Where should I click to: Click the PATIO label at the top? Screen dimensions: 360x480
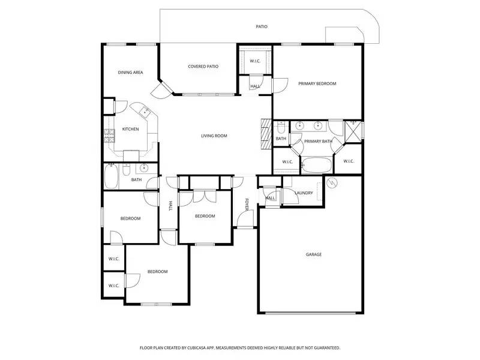(262, 26)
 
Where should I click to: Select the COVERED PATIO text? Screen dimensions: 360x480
(203, 67)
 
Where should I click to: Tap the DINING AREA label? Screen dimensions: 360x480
(130, 73)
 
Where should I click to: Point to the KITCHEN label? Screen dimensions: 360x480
(131, 129)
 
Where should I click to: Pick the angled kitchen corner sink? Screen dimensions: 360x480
(145, 112)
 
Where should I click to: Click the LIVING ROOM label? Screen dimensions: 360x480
(214, 136)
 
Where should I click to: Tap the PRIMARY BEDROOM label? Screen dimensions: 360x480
(317, 83)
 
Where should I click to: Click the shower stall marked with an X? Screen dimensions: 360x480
(354, 130)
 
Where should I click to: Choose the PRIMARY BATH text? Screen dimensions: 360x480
(318, 142)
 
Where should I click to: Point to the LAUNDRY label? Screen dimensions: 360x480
(304, 193)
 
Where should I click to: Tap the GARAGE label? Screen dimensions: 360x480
(314, 254)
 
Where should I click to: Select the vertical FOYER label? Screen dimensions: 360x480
(246, 204)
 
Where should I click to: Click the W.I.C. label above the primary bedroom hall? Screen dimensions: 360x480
(254, 61)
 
